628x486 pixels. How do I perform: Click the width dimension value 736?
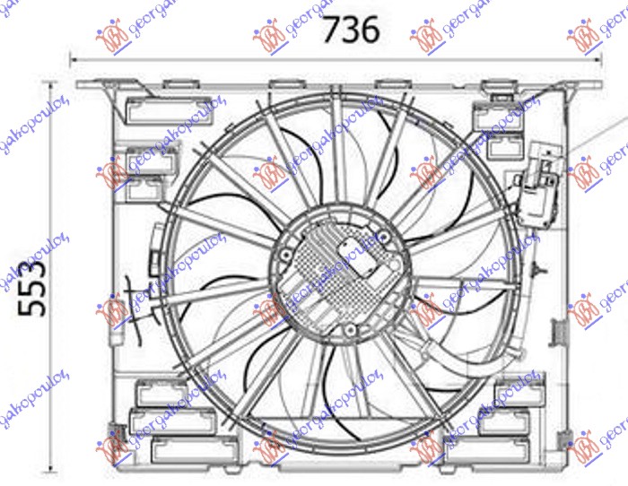[351, 30]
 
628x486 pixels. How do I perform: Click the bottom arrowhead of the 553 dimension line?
[51, 468]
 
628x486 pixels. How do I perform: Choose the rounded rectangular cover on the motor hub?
[369, 266]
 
